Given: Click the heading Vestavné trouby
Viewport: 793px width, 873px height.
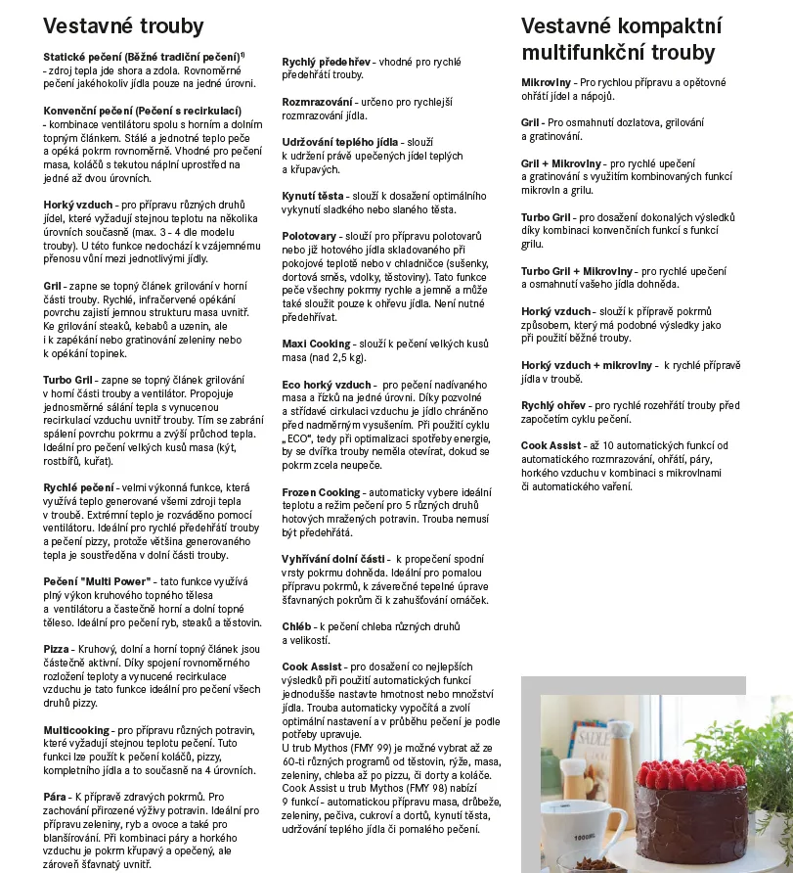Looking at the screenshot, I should pyautogui.click(x=123, y=26).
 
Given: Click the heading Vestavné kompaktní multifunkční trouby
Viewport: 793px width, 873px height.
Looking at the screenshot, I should pyautogui.click(x=621, y=39).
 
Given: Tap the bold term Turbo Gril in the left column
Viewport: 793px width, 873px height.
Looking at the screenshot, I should pyautogui.click(x=68, y=379).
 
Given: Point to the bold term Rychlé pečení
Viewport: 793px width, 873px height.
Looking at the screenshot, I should pyautogui.click(x=78, y=486).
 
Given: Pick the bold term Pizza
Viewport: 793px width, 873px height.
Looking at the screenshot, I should pyautogui.click(x=56, y=649).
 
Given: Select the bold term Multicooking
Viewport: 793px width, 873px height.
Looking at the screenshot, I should pyautogui.click(x=76, y=730).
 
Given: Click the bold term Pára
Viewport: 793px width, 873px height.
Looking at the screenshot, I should pyautogui.click(x=55, y=798).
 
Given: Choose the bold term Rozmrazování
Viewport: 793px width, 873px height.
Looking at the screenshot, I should pyautogui.click(x=317, y=102).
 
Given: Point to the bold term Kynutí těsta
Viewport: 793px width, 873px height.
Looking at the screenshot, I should pyautogui.click(x=313, y=196).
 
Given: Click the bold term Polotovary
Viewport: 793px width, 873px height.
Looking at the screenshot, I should pyautogui.click(x=309, y=237).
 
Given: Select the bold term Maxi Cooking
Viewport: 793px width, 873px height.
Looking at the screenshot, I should pyautogui.click(x=316, y=345).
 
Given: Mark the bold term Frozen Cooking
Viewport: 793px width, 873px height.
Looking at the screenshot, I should pyautogui.click(x=321, y=492).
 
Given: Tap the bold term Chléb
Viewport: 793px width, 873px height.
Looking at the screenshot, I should pyautogui.click(x=296, y=626).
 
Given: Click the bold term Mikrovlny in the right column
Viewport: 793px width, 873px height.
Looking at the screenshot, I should pyautogui.click(x=547, y=83).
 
